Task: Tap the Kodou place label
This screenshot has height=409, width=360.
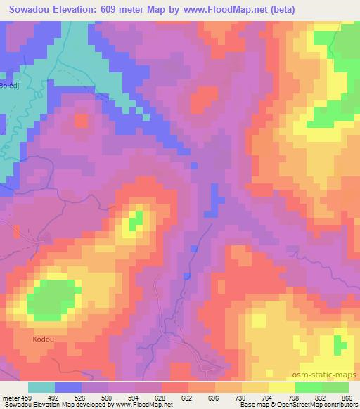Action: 43,339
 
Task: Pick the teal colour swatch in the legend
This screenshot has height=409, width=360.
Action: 41,387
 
